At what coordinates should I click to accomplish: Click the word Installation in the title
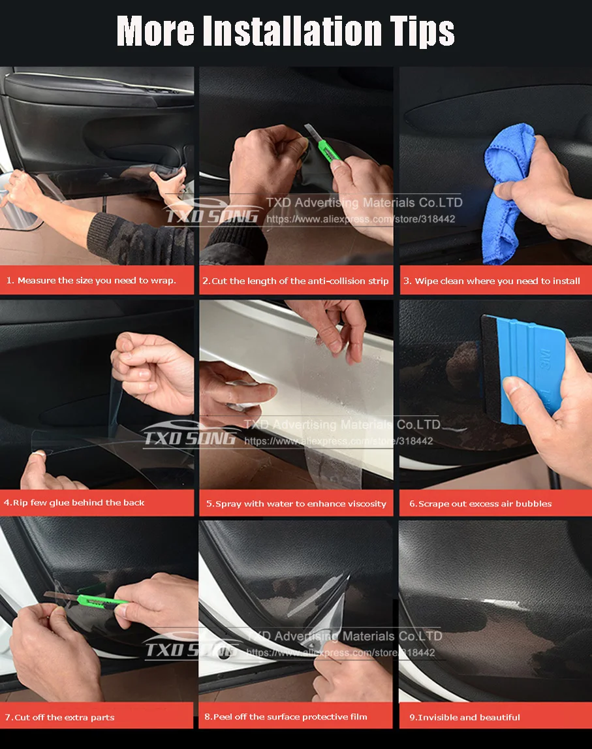coord(292,31)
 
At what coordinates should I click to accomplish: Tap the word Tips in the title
coord(419,31)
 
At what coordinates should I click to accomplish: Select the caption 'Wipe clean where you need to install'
coord(496,281)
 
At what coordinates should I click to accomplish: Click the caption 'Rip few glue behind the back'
coord(74,503)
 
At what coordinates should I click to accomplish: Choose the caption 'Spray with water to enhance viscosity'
coord(296,504)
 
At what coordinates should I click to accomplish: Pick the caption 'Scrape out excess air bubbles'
coord(480,504)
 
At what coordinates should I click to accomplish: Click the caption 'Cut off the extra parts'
coord(59,718)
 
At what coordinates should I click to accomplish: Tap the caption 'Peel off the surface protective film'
coord(285,717)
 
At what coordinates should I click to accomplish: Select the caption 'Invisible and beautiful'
coord(464,718)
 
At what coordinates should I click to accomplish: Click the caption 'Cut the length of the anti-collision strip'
coord(295,281)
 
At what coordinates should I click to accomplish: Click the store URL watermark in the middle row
coord(338,441)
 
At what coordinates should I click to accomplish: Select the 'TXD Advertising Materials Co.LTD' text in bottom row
coord(344,636)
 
